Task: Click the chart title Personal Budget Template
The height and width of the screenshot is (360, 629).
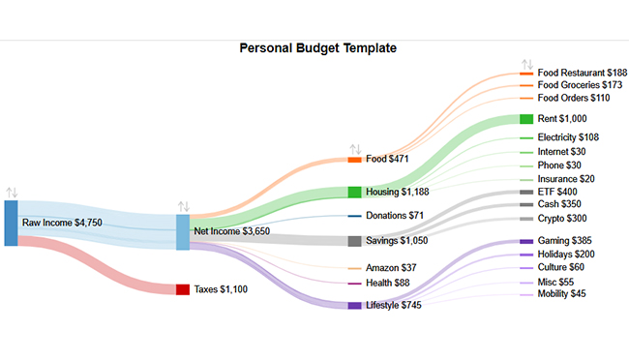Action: [x=317, y=47]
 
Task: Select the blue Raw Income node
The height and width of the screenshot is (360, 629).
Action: [x=11, y=223]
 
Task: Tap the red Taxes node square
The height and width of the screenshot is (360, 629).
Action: [x=182, y=289]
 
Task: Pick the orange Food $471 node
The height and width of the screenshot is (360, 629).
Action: [x=354, y=159]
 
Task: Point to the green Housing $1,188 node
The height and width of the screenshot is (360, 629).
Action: [x=354, y=192]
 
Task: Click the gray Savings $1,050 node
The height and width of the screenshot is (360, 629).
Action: [x=354, y=240]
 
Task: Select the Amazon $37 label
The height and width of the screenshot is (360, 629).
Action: [x=392, y=267]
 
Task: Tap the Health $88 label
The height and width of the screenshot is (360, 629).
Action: [x=388, y=284]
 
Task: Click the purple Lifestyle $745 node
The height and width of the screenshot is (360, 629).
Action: [x=354, y=305]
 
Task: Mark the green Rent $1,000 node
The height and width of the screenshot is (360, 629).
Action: [x=526, y=119]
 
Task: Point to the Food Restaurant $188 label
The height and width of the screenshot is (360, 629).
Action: [x=582, y=73]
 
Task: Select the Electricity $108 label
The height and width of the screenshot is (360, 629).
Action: [x=568, y=137]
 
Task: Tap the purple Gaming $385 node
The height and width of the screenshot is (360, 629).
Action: [x=526, y=240]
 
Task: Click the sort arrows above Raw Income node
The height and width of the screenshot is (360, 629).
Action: [x=11, y=193]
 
